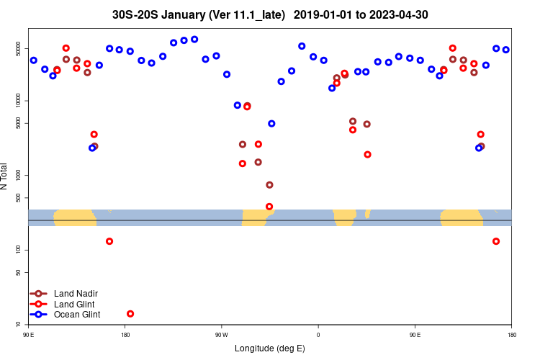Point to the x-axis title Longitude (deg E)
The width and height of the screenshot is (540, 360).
point(270,348)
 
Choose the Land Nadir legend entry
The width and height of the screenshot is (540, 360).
point(76,293)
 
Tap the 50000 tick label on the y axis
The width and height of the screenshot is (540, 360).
point(20,49)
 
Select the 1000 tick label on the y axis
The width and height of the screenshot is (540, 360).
point(20,175)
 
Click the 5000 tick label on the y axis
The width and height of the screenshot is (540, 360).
point(20,124)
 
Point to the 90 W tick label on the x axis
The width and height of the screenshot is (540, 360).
point(221,334)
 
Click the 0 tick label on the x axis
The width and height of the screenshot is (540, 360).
point(318,334)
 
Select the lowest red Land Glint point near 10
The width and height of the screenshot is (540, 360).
point(130,314)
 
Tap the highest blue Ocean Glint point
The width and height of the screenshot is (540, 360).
point(194,39)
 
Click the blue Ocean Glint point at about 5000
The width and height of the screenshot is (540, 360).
point(271,124)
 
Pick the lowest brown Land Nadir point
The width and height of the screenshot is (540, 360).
point(269,185)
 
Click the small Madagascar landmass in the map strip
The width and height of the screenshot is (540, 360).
point(367,213)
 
